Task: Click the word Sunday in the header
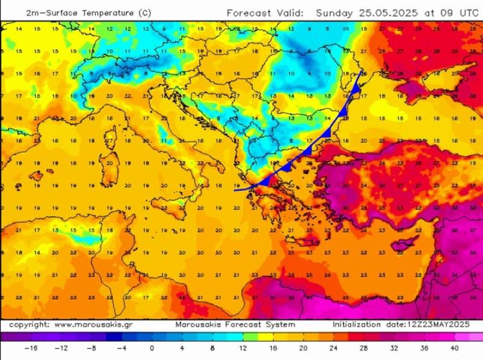pyautogui.click(x=334, y=12)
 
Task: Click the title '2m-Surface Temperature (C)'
pyautogui.click(x=89, y=12)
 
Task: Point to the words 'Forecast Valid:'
pyautogui.click(x=267, y=12)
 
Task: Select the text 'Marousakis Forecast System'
pyautogui.click(x=235, y=325)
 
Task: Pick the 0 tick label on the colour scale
pyautogui.click(x=152, y=348)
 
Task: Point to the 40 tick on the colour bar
pyautogui.click(x=455, y=348)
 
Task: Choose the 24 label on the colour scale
pyautogui.click(x=333, y=348)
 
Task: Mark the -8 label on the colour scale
pyautogui.click(x=91, y=348)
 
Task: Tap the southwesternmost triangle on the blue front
pyautogui.click(x=264, y=181)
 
